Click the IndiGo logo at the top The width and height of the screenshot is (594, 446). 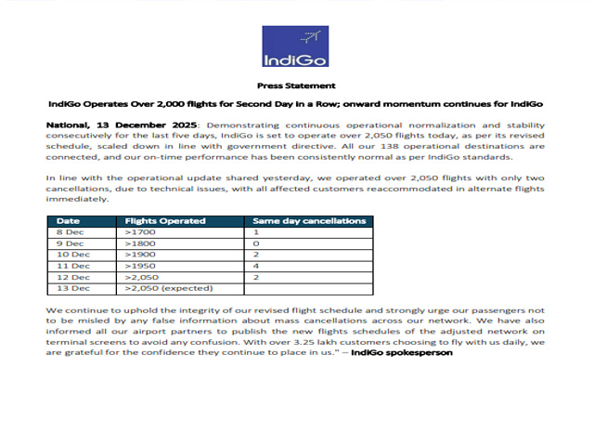296,47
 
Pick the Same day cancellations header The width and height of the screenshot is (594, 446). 310,221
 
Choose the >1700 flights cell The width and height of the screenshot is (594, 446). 141,232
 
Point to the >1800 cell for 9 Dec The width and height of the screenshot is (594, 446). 141,243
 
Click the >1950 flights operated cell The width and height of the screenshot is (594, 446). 141,266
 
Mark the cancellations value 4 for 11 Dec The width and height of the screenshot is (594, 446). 256,266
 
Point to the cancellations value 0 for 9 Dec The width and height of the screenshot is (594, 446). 256,243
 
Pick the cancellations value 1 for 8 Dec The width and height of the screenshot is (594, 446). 256,232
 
